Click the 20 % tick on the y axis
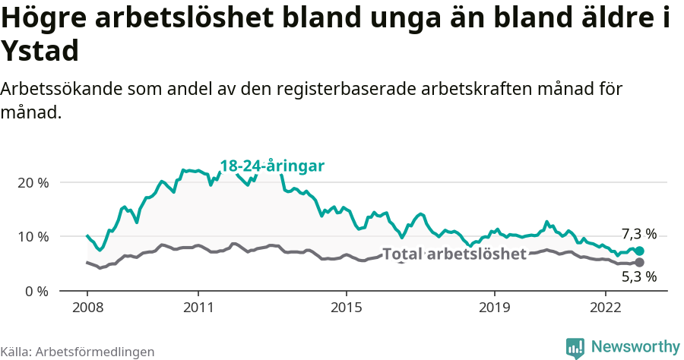click(x=32, y=183)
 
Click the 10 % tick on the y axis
click(x=32, y=237)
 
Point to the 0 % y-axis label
click(x=35, y=291)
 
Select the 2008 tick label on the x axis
click(x=87, y=309)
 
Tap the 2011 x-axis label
click(x=198, y=309)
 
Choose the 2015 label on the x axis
click(x=346, y=309)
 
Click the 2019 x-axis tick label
click(x=494, y=309)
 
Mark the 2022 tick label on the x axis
click(x=606, y=309)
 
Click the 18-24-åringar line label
click(x=272, y=166)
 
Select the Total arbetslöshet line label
click(x=454, y=254)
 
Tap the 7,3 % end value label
click(x=638, y=234)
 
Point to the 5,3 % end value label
click(x=638, y=277)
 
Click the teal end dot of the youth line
click(x=639, y=251)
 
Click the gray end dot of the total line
click(x=639, y=262)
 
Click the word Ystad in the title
click(x=40, y=52)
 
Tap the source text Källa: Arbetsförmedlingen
click(x=78, y=352)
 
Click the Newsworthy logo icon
click(x=575, y=347)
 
